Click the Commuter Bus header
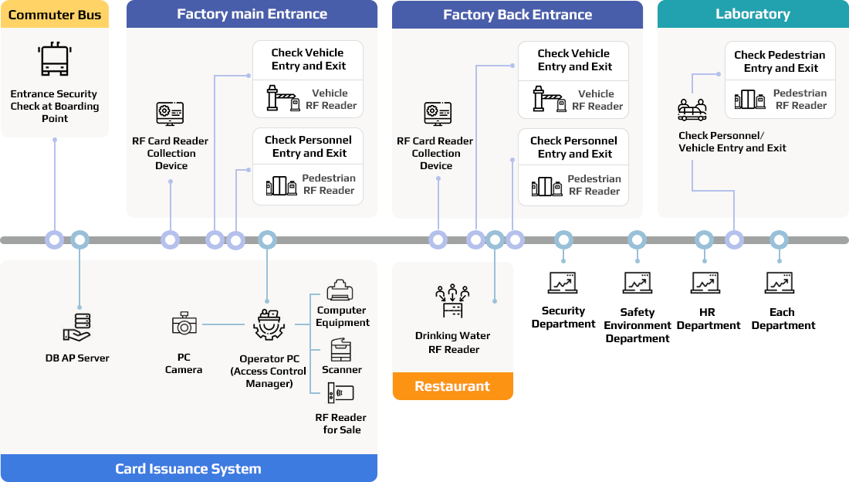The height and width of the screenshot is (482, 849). (x=55, y=15)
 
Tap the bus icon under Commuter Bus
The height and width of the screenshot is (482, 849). (x=55, y=59)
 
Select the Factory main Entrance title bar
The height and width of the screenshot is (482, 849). (x=252, y=14)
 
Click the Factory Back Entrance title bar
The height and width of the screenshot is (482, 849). (x=517, y=15)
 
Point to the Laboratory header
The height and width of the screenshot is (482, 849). (x=753, y=14)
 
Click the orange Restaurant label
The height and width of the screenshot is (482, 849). (x=452, y=386)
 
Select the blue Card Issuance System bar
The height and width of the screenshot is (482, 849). (x=188, y=468)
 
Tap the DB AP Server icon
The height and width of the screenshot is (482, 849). (x=76, y=328)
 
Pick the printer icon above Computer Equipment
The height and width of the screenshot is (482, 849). (x=340, y=291)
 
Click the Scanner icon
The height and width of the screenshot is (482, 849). (x=341, y=349)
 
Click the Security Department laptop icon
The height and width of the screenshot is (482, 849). (x=563, y=285)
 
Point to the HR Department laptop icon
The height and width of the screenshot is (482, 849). (x=707, y=285)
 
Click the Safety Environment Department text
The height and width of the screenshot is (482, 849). (x=638, y=325)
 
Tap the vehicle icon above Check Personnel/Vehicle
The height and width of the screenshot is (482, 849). (x=692, y=110)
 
